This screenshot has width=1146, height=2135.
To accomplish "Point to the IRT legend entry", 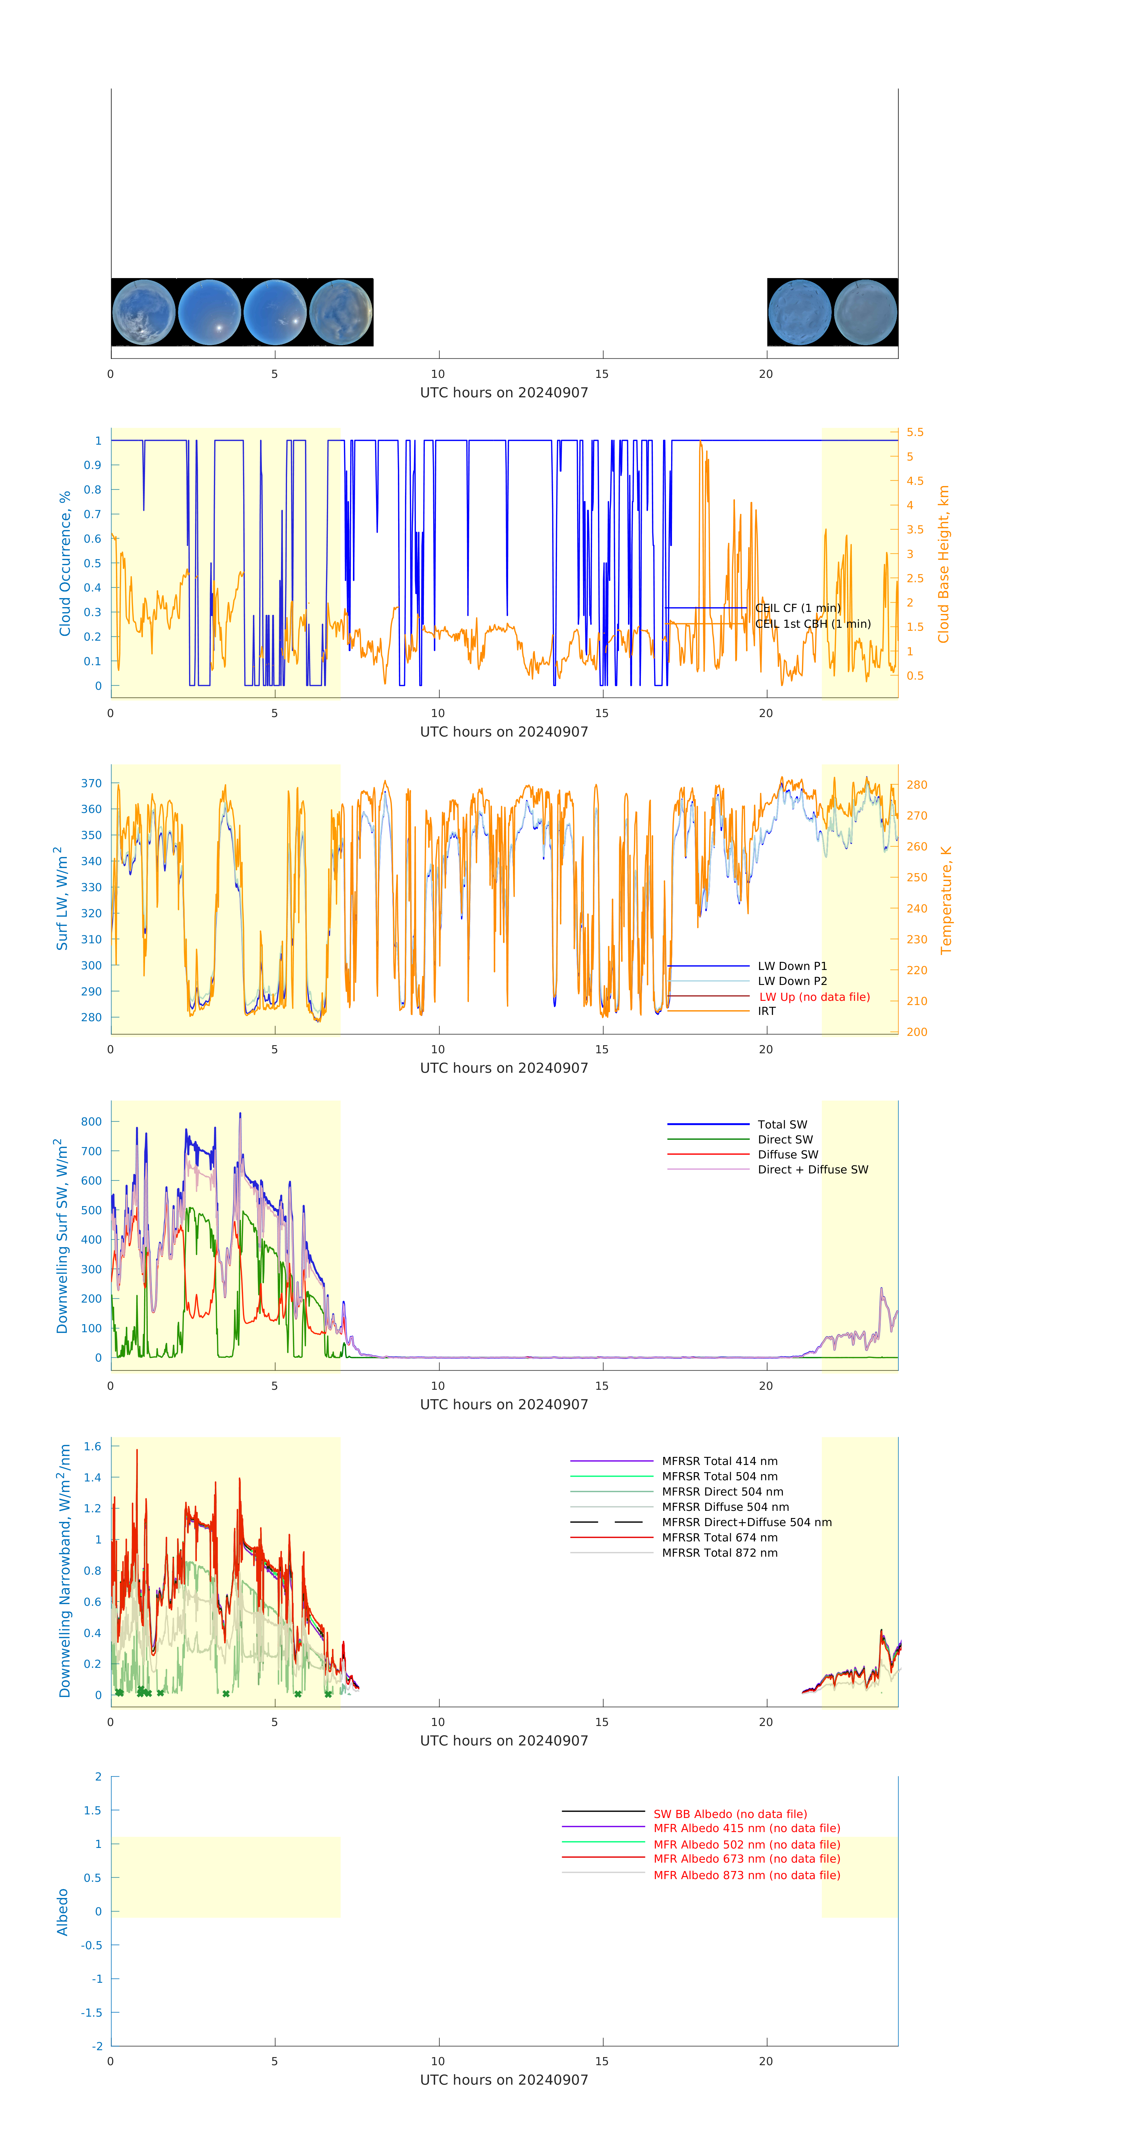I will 766,1011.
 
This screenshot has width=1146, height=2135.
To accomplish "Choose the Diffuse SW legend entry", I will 787,1155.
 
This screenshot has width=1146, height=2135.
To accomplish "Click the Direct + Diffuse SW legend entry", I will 812,1170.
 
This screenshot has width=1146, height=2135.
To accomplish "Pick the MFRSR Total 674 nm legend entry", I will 719,1537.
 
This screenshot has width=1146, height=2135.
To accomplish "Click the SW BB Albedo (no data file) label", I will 729,1814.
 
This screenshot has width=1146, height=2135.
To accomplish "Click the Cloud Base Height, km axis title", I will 943,564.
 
